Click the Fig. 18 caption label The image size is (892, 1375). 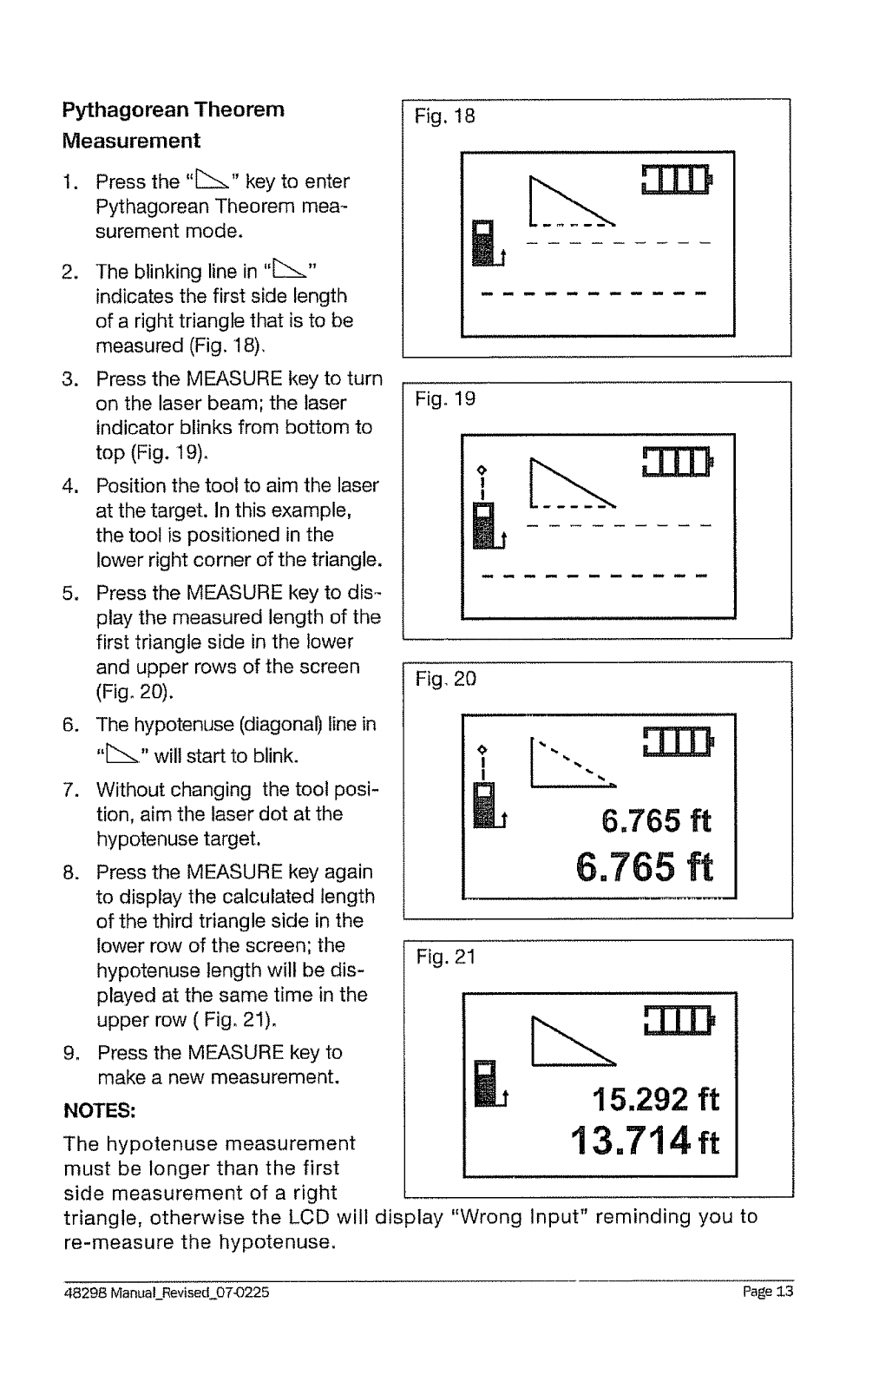point(445,116)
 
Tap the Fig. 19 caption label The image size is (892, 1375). point(445,399)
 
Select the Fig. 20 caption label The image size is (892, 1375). point(445,679)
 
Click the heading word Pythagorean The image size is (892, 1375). point(127,110)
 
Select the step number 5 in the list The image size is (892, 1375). point(69,593)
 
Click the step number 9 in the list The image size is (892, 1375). point(69,1053)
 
